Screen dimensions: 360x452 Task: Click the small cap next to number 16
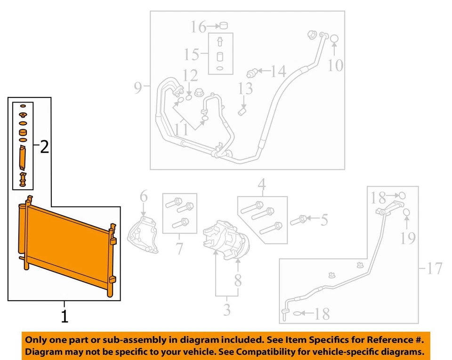[x=224, y=25]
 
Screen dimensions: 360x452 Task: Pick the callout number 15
[x=192, y=54]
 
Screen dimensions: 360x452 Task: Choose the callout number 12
[x=191, y=75]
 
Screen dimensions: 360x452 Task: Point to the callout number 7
[x=179, y=248]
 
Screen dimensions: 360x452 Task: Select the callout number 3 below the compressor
[x=226, y=310]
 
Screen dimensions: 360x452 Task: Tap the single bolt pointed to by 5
[x=299, y=219]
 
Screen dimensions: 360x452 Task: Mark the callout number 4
[x=262, y=185]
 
